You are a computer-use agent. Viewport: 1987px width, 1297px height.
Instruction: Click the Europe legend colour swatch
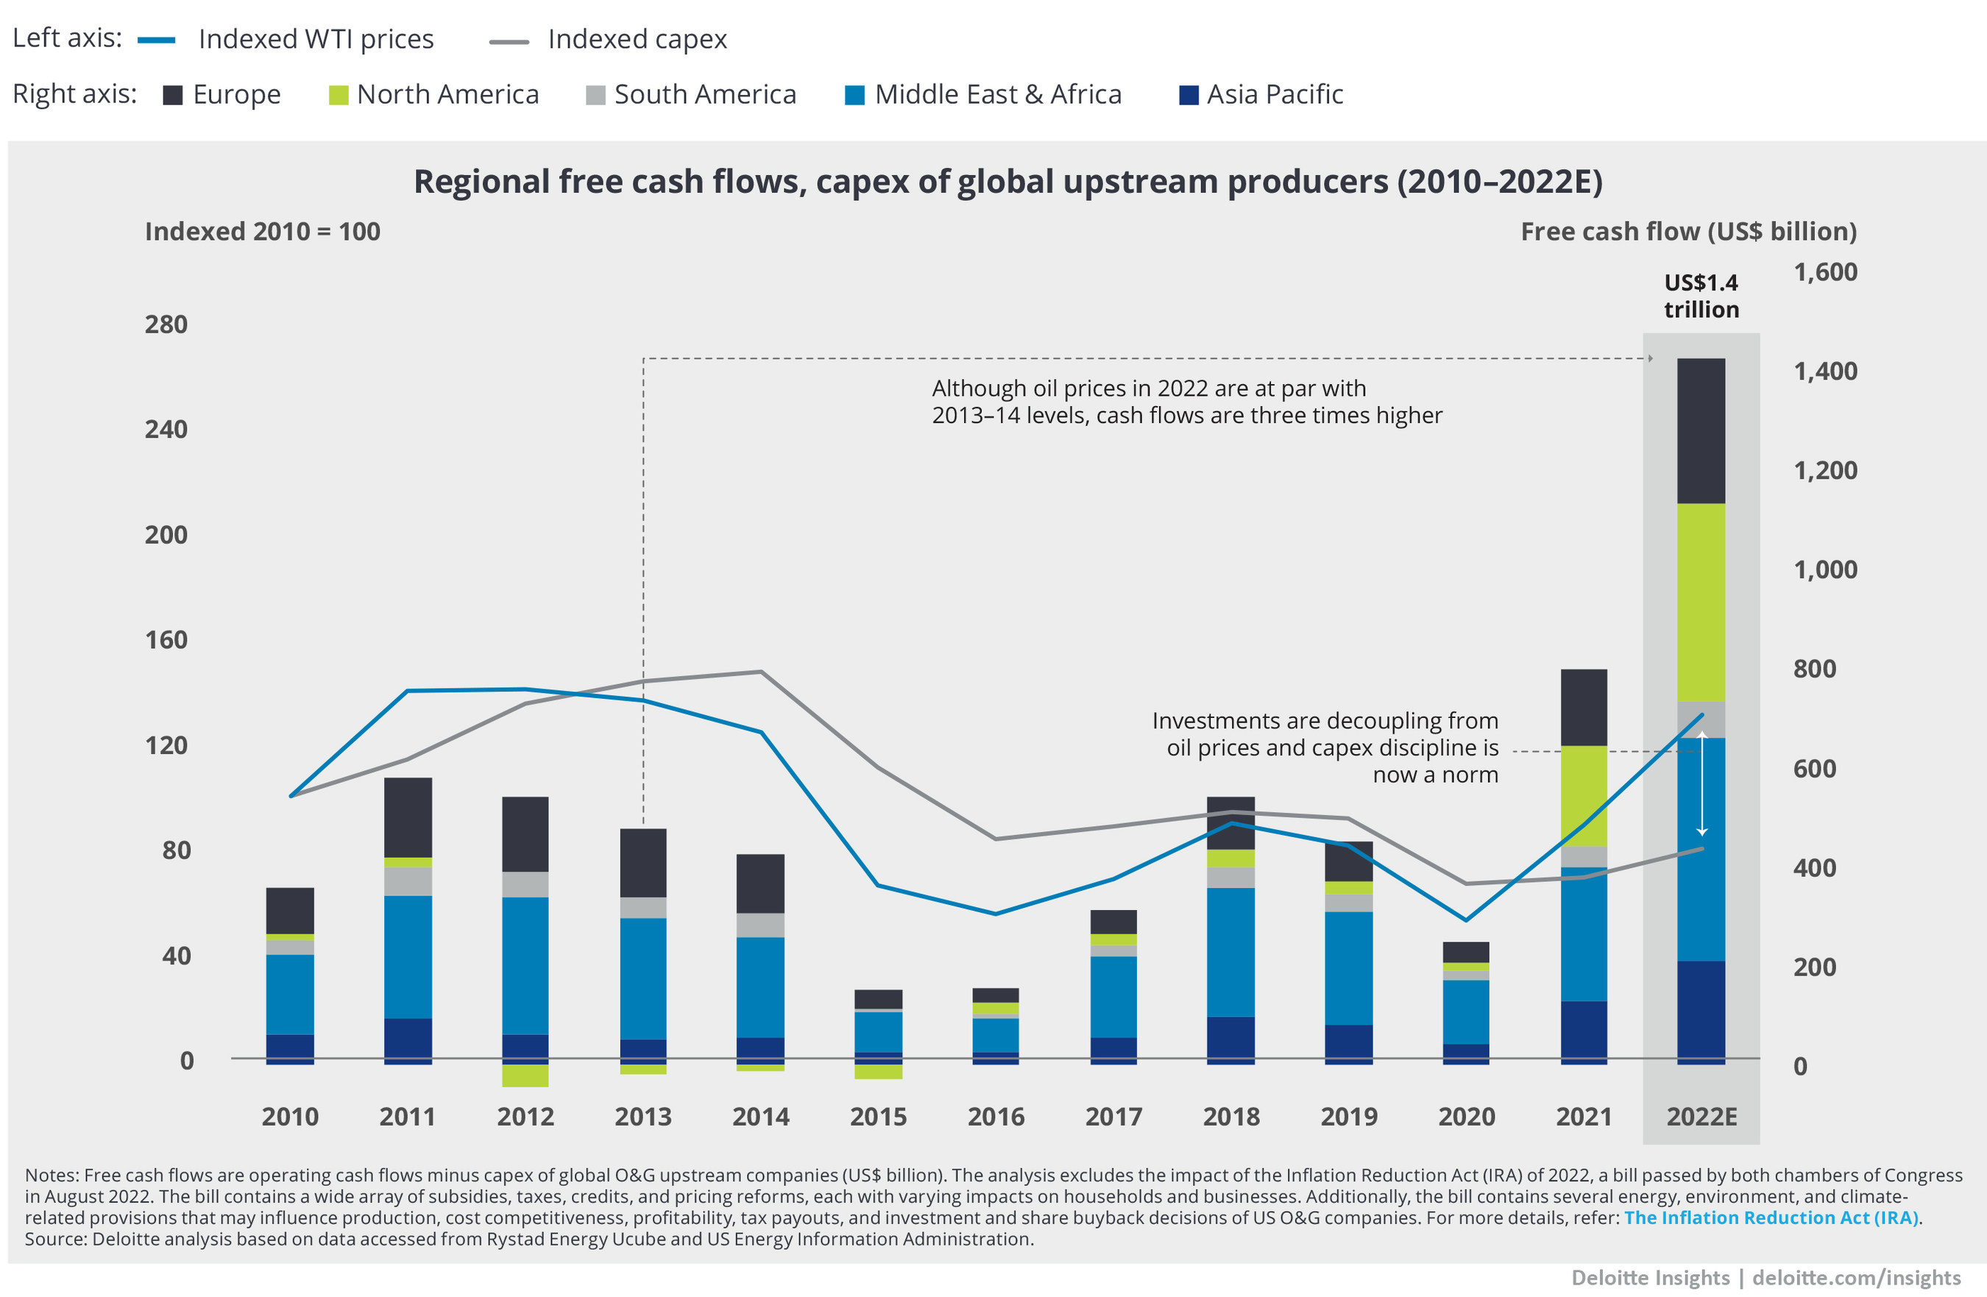point(173,95)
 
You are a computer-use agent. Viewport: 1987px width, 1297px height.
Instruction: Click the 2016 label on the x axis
point(995,1117)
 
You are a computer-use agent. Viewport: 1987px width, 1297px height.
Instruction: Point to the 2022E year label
point(1701,1117)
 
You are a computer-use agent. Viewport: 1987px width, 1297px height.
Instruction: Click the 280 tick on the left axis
point(166,324)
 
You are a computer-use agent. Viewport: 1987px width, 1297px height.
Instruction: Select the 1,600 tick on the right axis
point(1825,272)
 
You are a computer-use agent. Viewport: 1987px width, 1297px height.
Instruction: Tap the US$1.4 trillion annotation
point(1701,296)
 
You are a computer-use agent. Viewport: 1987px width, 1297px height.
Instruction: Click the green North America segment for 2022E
point(1701,601)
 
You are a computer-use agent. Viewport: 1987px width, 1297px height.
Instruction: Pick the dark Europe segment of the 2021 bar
point(1584,707)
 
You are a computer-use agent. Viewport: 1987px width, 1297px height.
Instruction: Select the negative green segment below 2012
point(525,1076)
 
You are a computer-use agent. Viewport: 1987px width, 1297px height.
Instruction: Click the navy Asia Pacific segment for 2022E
point(1701,1012)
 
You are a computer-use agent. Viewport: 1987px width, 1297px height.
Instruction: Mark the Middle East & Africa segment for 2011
point(408,956)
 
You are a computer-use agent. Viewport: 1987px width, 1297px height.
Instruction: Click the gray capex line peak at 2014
point(760,672)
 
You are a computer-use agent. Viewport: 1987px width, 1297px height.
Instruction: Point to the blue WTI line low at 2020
point(1466,920)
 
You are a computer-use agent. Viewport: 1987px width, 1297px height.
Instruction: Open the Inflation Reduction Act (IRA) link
point(1771,1218)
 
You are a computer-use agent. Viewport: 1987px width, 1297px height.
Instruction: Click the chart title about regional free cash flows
point(1007,182)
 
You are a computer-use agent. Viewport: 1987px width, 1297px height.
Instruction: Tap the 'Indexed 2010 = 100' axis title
point(262,231)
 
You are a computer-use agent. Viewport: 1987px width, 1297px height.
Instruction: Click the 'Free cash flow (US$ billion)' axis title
point(1688,231)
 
